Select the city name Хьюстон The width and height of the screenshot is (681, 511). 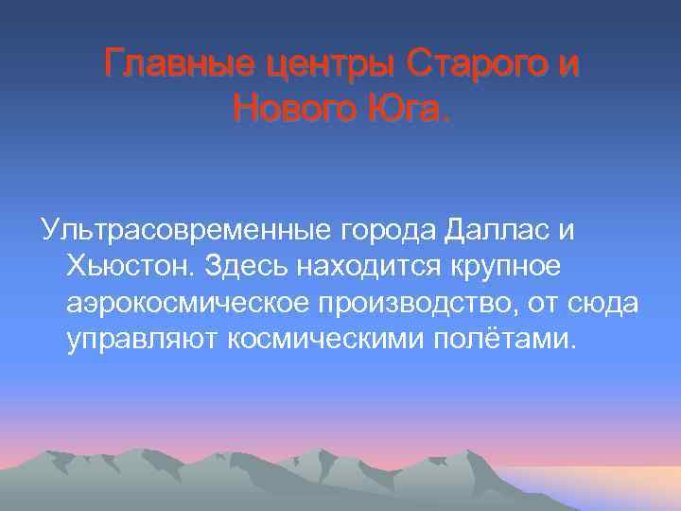point(128,267)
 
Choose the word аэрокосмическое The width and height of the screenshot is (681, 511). point(183,303)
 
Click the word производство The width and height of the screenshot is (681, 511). point(412,303)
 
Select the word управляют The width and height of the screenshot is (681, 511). point(142,339)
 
